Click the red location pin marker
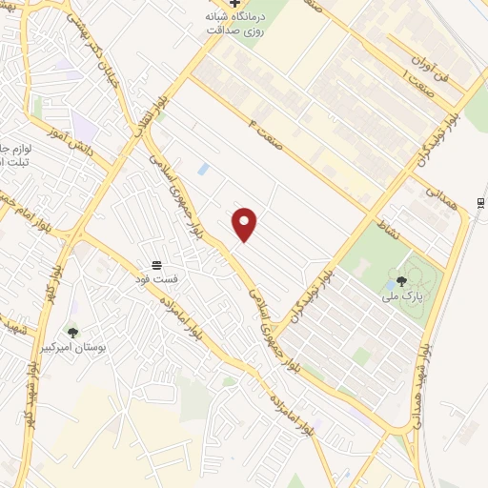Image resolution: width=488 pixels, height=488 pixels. (x=245, y=224)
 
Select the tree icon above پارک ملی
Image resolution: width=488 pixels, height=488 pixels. (x=402, y=281)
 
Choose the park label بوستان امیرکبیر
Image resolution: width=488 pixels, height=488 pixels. (x=73, y=347)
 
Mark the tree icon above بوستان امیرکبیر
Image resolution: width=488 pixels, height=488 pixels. (x=73, y=332)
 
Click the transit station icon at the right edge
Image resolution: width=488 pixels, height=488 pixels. (x=481, y=201)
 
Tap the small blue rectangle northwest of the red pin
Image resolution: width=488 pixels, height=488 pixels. (x=203, y=169)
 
